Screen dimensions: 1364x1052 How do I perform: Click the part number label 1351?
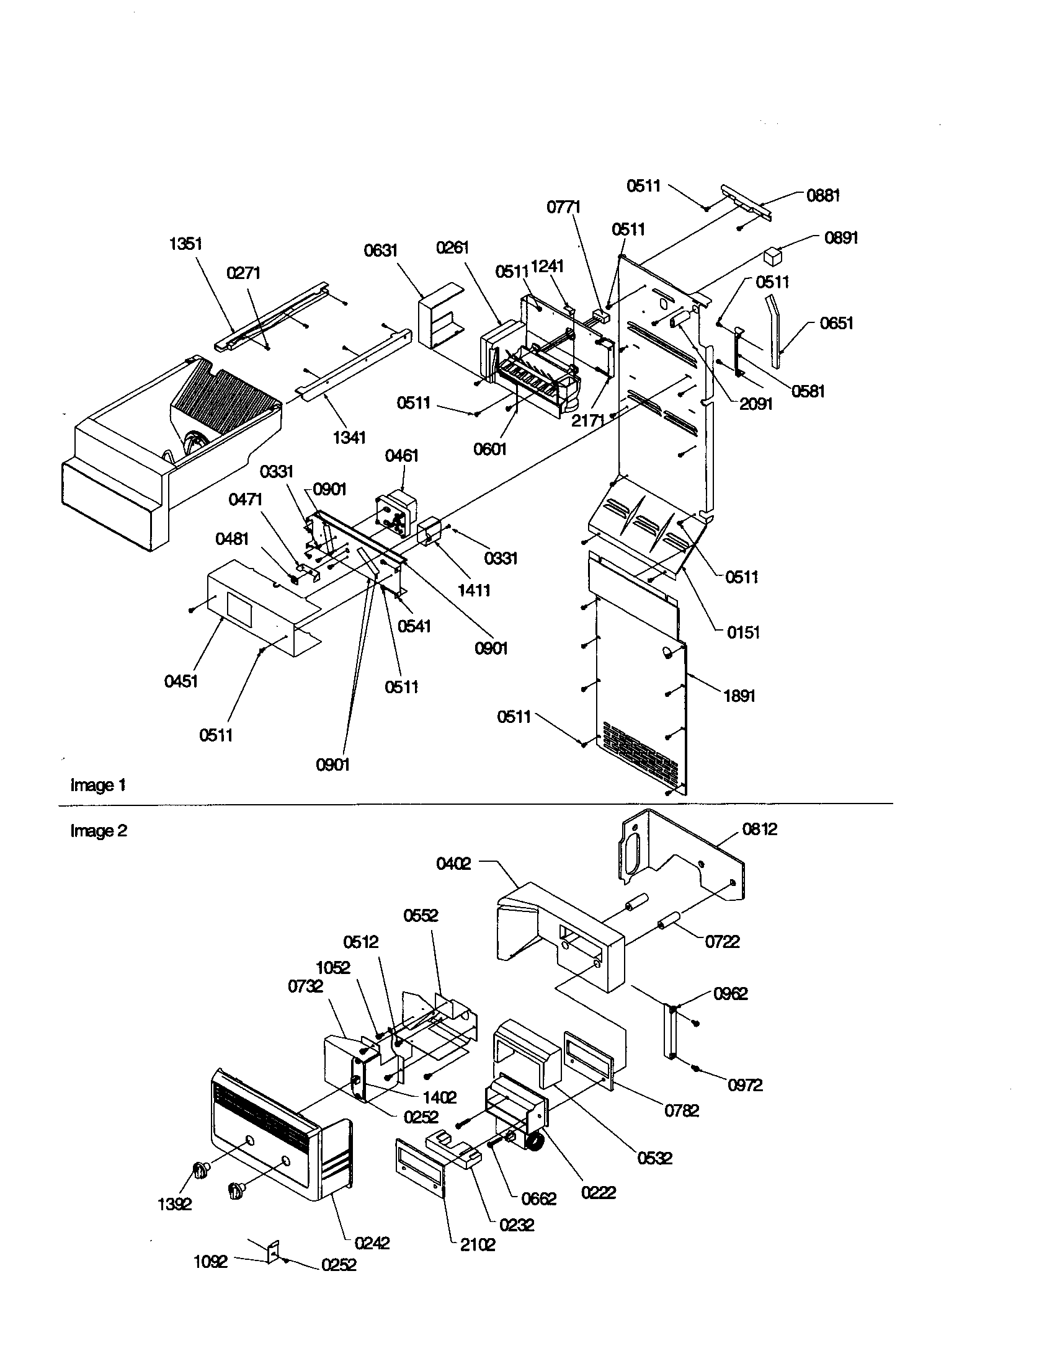tap(185, 244)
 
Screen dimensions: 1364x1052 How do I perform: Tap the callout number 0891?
tap(841, 238)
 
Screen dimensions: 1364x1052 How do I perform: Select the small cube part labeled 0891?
tap(773, 256)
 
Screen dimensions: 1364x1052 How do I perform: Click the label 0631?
tap(380, 250)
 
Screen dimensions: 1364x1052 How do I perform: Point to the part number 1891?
tap(739, 696)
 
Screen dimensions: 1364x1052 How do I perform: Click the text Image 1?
tap(98, 785)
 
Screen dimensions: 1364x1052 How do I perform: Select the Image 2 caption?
tap(99, 831)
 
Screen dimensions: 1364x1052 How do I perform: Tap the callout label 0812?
tap(760, 829)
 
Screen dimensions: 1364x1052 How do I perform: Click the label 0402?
tap(453, 864)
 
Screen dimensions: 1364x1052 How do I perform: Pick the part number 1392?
tap(174, 1204)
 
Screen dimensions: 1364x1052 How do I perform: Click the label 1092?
tap(210, 1262)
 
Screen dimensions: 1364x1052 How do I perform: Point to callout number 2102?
tap(477, 1245)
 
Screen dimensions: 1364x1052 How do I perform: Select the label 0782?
tap(682, 1110)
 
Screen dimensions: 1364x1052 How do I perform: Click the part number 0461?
tap(402, 455)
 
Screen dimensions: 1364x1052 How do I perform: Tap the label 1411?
tap(474, 590)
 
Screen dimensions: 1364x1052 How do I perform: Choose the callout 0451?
tap(181, 681)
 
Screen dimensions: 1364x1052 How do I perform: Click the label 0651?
tap(836, 323)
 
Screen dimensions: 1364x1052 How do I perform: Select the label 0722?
tap(722, 942)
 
